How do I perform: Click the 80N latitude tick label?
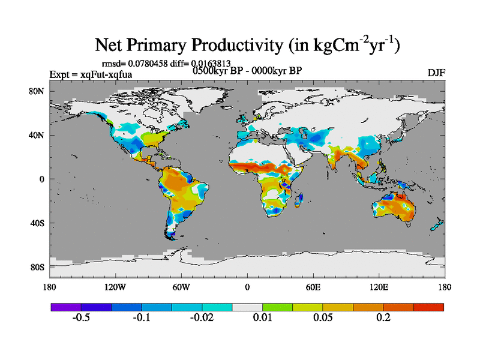coord(39,91)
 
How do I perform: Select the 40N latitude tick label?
coord(39,135)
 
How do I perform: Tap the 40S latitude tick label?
coord(39,223)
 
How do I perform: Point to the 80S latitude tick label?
coord(39,267)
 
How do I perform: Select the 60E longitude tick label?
coord(313,287)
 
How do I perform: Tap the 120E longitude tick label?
coord(379,287)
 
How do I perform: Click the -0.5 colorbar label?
coord(81,317)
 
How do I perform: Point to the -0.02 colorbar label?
coord(202,317)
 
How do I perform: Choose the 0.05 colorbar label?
coord(323,317)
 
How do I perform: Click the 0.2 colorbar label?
coord(383,317)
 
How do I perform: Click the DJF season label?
coord(436,73)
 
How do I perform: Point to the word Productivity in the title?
coord(239,46)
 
